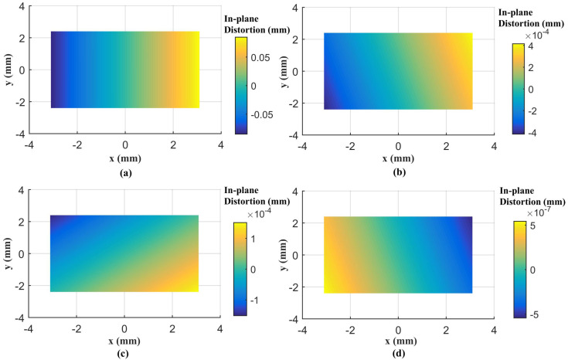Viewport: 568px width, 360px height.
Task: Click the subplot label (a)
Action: tap(125, 172)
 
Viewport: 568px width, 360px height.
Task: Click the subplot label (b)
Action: tap(398, 173)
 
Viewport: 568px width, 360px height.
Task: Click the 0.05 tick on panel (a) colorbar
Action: tap(260, 58)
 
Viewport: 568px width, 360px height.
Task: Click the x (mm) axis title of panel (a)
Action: tap(125, 158)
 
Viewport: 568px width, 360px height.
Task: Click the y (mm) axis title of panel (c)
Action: tap(9, 253)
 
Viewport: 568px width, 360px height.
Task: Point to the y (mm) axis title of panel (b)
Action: tap(282, 71)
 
